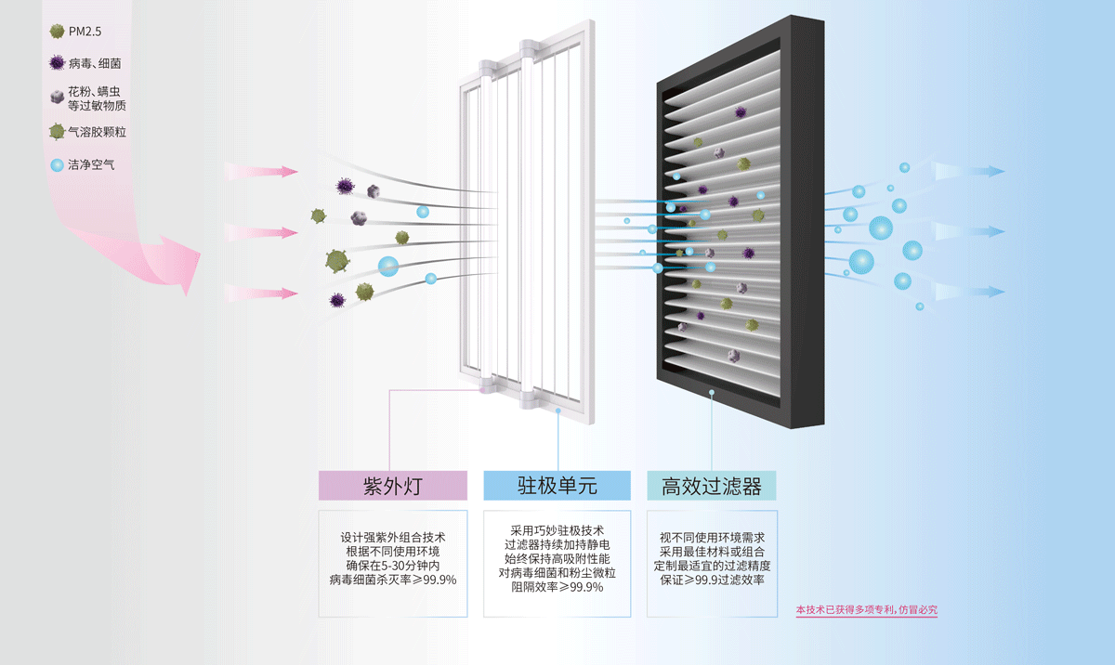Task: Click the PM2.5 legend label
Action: pos(85,32)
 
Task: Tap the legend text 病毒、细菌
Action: pos(95,64)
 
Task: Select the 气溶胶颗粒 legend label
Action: pos(98,132)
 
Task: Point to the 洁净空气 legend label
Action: pos(91,165)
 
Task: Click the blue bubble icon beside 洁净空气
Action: pos(57,166)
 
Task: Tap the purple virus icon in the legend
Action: pos(58,64)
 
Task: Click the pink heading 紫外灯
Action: pos(393,486)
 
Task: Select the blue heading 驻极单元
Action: pos(557,486)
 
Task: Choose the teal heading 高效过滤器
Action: pos(712,486)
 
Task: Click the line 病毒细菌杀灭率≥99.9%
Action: pos(393,580)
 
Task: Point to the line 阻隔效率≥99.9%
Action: pos(557,587)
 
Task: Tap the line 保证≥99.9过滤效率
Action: pos(712,580)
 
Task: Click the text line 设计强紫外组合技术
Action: pos(393,538)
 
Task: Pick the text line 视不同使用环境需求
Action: pos(712,538)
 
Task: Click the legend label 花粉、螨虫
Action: pos(95,91)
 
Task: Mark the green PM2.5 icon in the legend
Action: pos(58,32)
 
